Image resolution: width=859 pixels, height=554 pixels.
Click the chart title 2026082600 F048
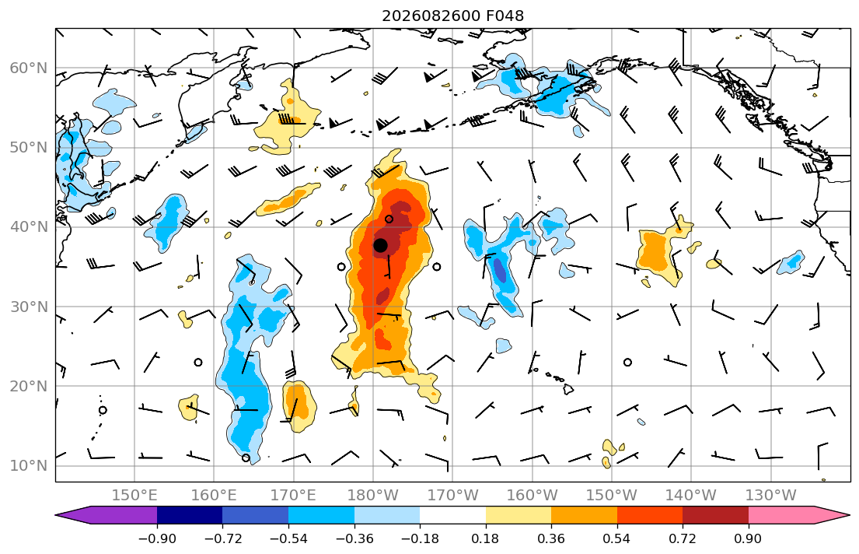click(452, 16)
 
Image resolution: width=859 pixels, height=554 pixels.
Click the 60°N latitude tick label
click(29, 68)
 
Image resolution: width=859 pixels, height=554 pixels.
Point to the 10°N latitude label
click(29, 466)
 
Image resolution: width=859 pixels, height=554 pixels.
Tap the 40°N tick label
click(29, 227)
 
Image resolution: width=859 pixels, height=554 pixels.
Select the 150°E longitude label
click(134, 496)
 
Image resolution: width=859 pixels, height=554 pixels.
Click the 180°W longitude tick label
click(373, 496)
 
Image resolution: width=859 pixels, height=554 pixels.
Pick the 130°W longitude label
click(771, 496)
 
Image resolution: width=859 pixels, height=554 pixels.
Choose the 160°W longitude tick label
click(532, 496)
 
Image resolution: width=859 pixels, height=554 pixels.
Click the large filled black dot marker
click(380, 245)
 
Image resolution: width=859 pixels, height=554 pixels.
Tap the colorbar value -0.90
click(157, 538)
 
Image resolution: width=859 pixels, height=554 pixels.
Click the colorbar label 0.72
click(683, 538)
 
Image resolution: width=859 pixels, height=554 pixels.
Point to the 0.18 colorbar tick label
click(485, 538)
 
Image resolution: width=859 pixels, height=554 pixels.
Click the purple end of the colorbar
click(110, 515)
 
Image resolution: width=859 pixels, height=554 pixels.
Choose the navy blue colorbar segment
click(190, 515)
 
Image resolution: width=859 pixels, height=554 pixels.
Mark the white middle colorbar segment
click(452, 515)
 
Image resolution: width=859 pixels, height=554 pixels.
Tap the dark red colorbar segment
click(715, 515)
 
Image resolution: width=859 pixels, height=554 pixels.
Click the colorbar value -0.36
click(354, 538)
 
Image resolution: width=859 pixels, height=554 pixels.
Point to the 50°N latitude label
click(29, 148)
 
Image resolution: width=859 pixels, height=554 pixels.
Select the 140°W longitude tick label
click(691, 496)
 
